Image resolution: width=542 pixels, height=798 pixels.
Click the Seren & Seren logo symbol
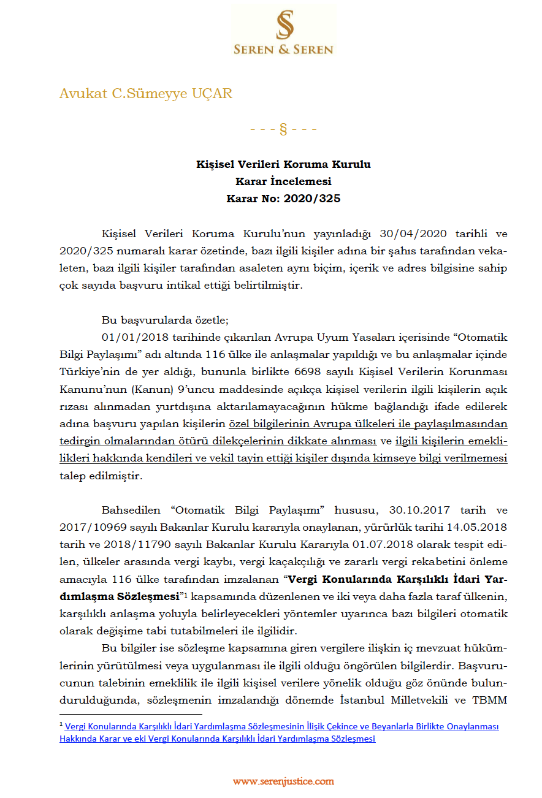[284, 25]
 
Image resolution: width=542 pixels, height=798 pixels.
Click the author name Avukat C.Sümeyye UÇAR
[146, 94]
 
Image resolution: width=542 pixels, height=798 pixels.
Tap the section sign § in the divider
[283, 129]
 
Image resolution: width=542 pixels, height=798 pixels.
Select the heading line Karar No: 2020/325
[283, 199]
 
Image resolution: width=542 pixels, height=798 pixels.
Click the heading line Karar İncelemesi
[283, 181]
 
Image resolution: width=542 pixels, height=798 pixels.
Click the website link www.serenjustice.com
[283, 781]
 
